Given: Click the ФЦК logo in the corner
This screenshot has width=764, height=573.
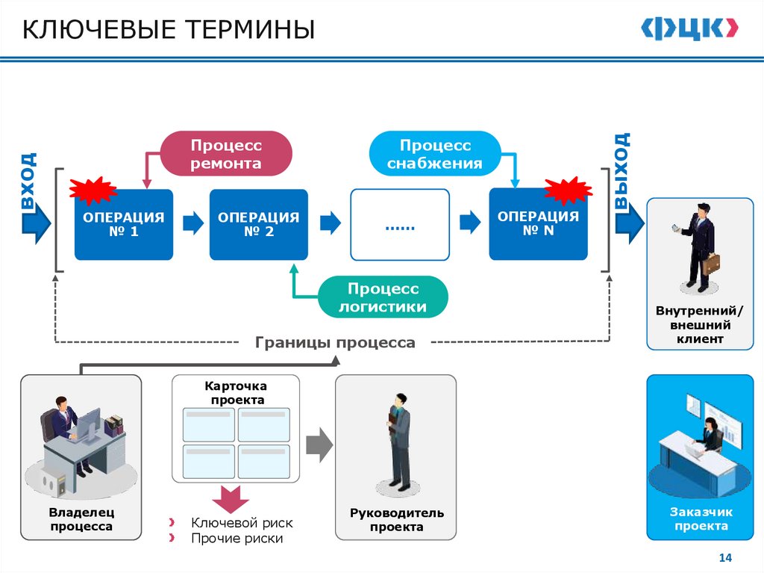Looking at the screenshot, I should point(690,28).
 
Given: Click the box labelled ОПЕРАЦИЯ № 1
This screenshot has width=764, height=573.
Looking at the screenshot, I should point(123,224).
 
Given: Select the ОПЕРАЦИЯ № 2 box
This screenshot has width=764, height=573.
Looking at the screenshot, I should point(258,224).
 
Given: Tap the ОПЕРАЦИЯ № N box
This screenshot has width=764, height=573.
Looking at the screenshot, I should point(538,224).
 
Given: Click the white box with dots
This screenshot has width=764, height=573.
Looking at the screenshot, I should point(400,224).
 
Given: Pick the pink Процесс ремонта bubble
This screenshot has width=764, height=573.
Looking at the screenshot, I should point(226,153).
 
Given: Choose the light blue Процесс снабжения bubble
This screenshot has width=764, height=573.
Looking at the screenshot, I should point(435,153).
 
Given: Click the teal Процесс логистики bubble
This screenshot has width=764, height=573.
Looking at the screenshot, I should point(383,297).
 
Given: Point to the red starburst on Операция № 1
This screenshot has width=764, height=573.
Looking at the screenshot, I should point(93,191).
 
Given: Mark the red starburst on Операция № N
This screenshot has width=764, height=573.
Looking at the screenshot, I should point(568,190).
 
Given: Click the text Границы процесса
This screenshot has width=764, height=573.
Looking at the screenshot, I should point(335,343).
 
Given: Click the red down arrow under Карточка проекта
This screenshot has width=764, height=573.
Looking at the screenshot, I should point(231,496).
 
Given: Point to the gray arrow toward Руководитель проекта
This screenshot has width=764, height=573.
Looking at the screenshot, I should point(319,445).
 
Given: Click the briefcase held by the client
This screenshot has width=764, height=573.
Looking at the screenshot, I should point(711,264).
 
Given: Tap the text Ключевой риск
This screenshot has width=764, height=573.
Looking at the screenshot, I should point(242,523).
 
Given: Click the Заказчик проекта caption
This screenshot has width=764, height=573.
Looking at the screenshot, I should point(701,519).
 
